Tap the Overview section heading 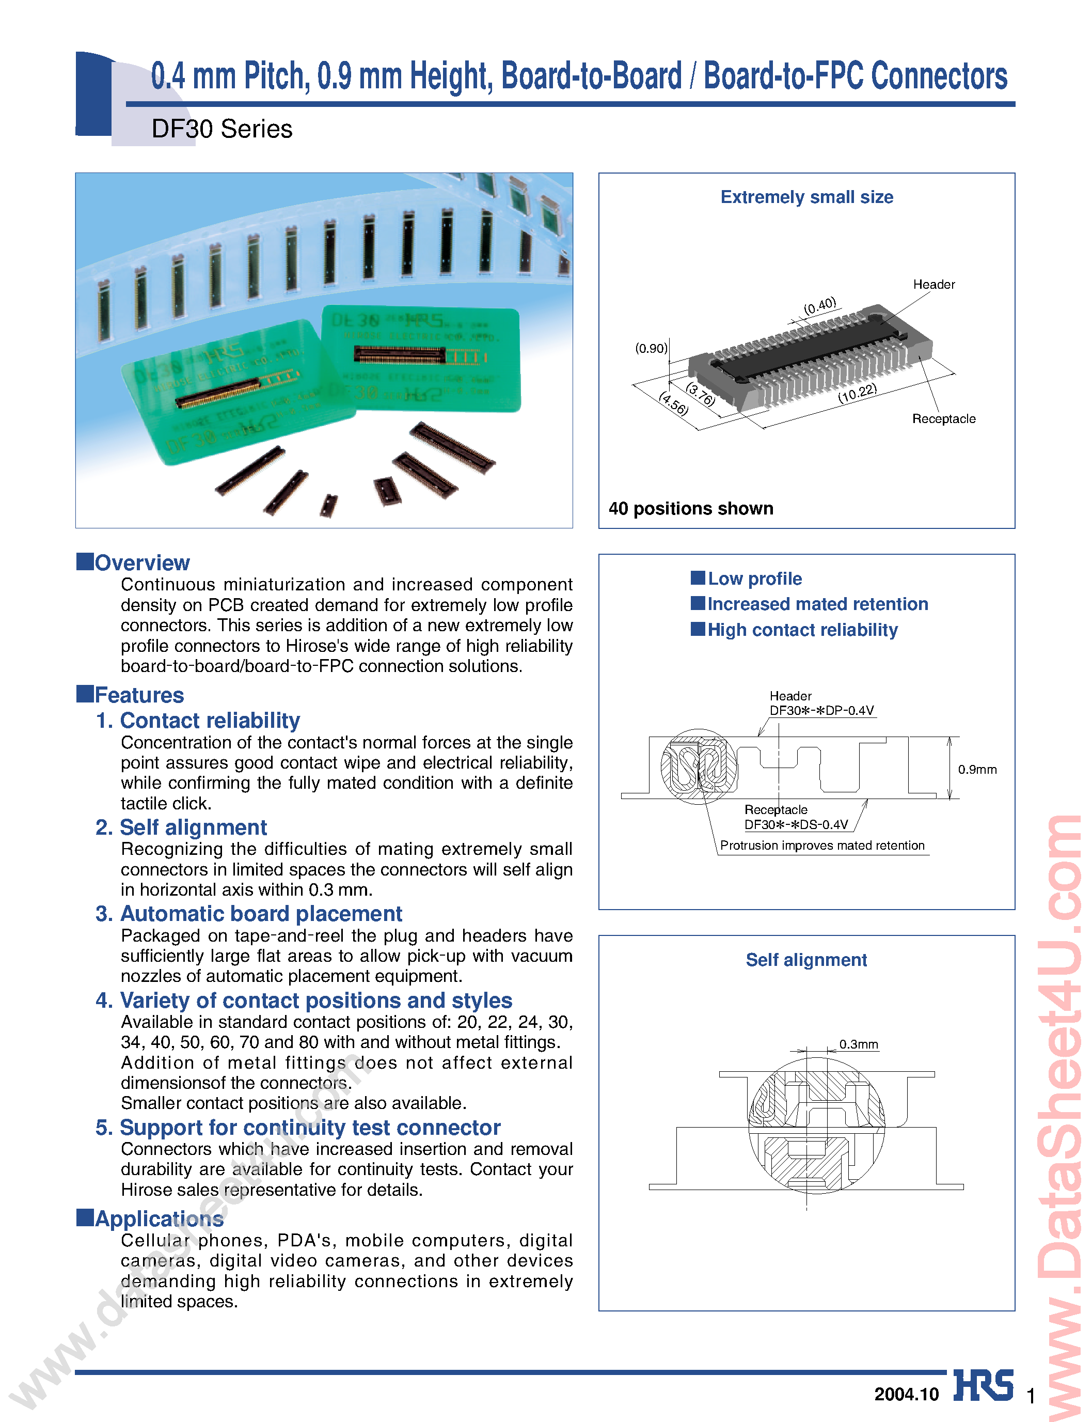point(141,562)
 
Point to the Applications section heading point(159,1218)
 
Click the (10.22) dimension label point(858,394)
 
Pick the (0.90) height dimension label point(651,349)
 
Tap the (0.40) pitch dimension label point(820,306)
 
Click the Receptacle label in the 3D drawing point(943,419)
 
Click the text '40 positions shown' point(691,508)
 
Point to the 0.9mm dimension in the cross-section point(977,769)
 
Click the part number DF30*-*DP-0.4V point(821,710)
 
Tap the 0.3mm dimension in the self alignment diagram point(858,1044)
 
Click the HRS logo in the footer point(983,1386)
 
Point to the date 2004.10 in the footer point(906,1394)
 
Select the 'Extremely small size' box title point(806,197)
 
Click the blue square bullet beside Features point(85,694)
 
